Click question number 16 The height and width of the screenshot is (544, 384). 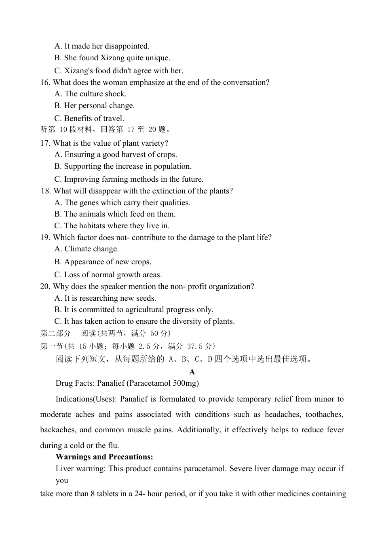[45, 83]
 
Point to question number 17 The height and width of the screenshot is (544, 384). [45, 143]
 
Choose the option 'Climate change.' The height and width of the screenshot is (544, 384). [87, 249]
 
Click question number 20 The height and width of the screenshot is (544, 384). [45, 287]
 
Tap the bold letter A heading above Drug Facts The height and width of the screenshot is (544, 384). [192, 372]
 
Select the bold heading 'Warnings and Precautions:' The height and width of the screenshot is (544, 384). [104, 457]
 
